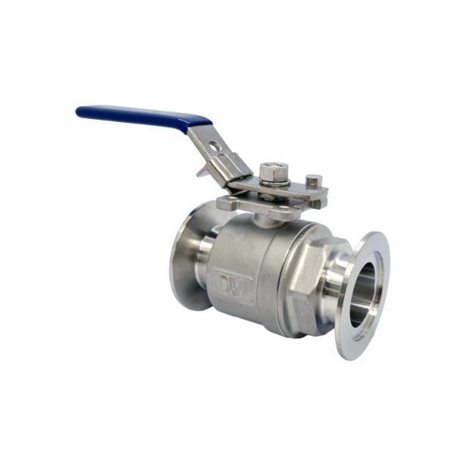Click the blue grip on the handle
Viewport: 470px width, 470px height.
pyautogui.click(x=144, y=116)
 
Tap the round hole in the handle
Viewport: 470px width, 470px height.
pyautogui.click(x=215, y=146)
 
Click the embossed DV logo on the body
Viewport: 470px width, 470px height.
pyautogui.click(x=232, y=285)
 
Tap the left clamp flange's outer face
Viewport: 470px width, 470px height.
pyautogui.click(x=183, y=257)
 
